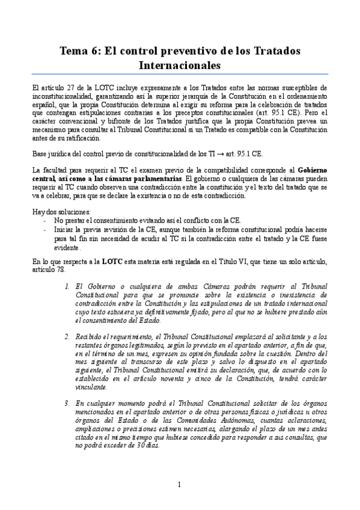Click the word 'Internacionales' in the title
pos(180,64)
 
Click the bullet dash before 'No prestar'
pos(45,221)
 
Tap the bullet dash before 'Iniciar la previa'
pos(45,230)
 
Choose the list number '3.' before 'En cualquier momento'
pos(67,402)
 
